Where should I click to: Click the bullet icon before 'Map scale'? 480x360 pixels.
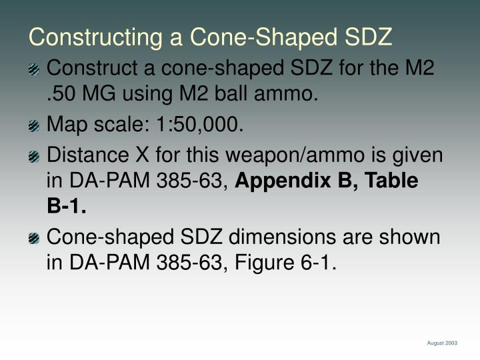(x=34, y=125)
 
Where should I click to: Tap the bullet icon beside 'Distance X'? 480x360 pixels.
(x=34, y=157)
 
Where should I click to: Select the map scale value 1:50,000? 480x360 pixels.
(x=201, y=125)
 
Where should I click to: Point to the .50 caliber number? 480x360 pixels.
(x=62, y=93)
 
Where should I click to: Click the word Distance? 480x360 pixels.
(x=87, y=156)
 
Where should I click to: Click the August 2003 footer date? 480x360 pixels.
(x=442, y=343)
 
